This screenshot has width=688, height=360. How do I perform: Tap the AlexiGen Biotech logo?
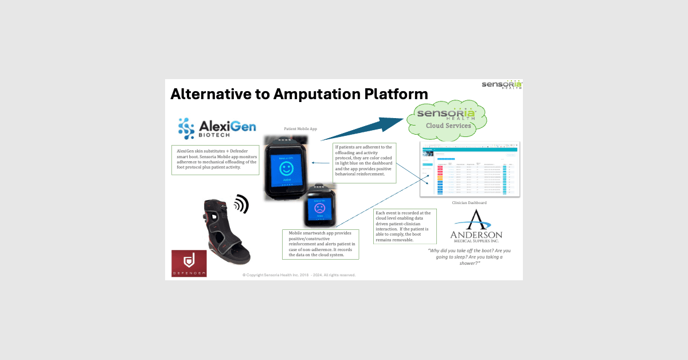click(217, 128)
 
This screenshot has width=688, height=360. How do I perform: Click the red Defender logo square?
click(189, 263)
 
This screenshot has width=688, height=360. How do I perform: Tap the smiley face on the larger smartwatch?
click(286, 169)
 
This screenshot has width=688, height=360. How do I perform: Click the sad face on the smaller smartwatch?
click(319, 207)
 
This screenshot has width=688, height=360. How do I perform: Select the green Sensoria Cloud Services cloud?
click(445, 118)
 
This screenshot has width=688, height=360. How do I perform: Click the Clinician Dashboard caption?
click(470, 202)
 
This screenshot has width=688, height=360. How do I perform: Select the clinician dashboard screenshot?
click(470, 169)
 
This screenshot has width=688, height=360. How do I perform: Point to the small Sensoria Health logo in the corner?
click(502, 85)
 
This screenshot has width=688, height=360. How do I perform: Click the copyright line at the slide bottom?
click(299, 275)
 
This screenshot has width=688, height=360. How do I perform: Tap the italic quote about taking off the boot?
click(469, 256)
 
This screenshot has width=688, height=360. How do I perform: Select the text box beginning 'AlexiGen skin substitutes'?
click(215, 160)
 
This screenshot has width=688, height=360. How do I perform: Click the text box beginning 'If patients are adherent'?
click(365, 163)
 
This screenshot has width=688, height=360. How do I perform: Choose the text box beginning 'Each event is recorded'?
click(405, 226)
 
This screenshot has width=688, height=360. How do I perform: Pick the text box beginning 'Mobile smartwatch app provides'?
click(320, 244)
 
